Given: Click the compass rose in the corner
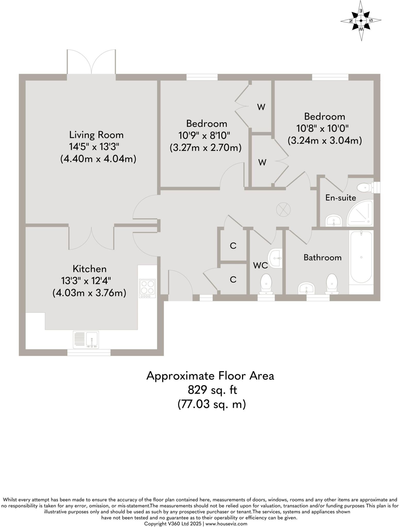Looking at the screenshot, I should click(361, 21).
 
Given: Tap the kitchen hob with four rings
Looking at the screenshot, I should click(147, 288).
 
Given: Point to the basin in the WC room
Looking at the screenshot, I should click(275, 258).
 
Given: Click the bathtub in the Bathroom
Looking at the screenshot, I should click(361, 257).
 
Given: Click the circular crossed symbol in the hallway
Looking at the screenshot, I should click(283, 209).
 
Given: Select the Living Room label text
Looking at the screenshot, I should click(96, 135).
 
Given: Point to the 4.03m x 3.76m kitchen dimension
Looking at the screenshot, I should click(89, 293).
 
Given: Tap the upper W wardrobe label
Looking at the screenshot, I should click(261, 107).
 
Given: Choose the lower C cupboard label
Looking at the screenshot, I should click(233, 279).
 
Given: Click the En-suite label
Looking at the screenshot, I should click(340, 198).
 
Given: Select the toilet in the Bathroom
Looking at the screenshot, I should click(332, 284).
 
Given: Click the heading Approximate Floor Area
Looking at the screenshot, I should click(210, 376).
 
